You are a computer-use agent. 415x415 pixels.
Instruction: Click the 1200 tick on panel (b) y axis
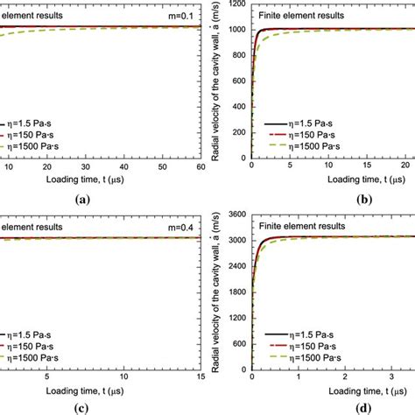(236, 4)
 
